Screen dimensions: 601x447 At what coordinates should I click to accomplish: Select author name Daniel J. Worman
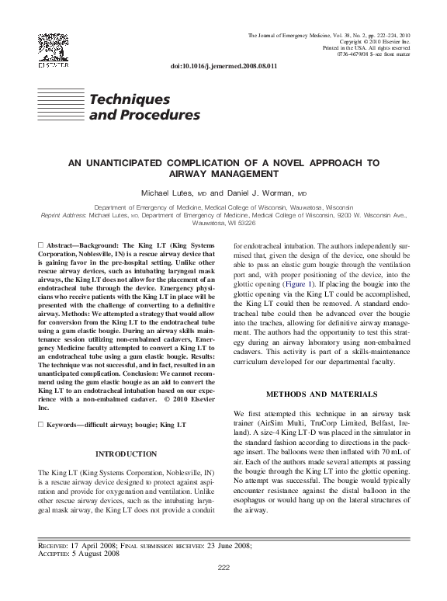point(262,192)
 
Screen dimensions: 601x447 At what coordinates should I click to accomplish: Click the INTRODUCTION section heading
point(126,453)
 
